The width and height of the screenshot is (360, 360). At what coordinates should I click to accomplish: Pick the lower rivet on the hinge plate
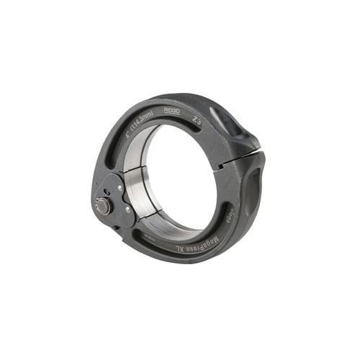coord(127,210)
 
